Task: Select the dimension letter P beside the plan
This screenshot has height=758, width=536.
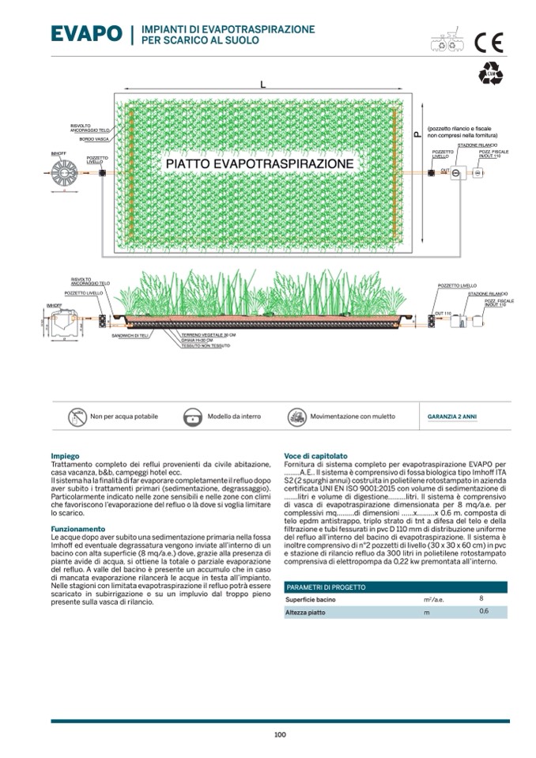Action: coord(417,135)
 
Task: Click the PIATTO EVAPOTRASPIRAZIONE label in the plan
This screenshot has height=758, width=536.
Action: coord(259,163)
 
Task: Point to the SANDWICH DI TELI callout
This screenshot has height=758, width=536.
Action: coord(131,336)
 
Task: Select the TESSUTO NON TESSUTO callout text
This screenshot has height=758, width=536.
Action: coord(202,346)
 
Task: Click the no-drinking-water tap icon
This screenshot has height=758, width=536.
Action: coord(77,416)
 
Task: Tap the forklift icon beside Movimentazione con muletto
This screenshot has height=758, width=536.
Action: coord(296,416)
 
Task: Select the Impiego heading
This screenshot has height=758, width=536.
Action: coord(64,456)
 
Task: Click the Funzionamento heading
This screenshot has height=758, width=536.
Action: coord(77,529)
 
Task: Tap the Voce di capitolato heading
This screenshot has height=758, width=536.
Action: coord(315,456)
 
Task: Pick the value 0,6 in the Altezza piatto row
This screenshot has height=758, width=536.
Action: coord(483,612)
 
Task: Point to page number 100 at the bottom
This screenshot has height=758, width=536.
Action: coord(280,734)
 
